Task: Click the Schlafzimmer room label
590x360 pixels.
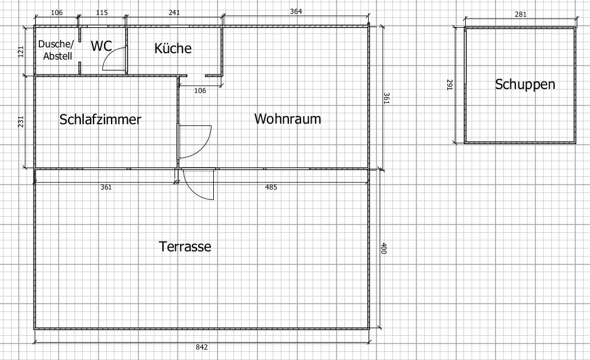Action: click(x=100, y=120)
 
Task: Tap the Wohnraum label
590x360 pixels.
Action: click(x=287, y=119)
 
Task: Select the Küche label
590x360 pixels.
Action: click(x=173, y=48)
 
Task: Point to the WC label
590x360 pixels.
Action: click(x=101, y=46)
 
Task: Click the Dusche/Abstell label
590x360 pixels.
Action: click(x=56, y=50)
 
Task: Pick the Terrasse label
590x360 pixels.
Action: click(x=185, y=247)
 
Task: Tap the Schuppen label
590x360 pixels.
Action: click(x=525, y=84)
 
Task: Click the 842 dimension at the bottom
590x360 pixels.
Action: click(x=202, y=347)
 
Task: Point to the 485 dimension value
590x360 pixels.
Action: click(x=271, y=187)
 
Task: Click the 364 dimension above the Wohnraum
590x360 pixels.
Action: click(x=296, y=11)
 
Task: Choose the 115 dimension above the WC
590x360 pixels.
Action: click(x=102, y=13)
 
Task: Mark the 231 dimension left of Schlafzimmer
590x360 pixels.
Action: click(x=20, y=122)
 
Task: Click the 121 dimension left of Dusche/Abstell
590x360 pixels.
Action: click(x=20, y=51)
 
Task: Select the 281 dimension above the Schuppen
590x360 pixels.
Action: click(x=520, y=14)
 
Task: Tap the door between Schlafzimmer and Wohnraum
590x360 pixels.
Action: click(x=194, y=141)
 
